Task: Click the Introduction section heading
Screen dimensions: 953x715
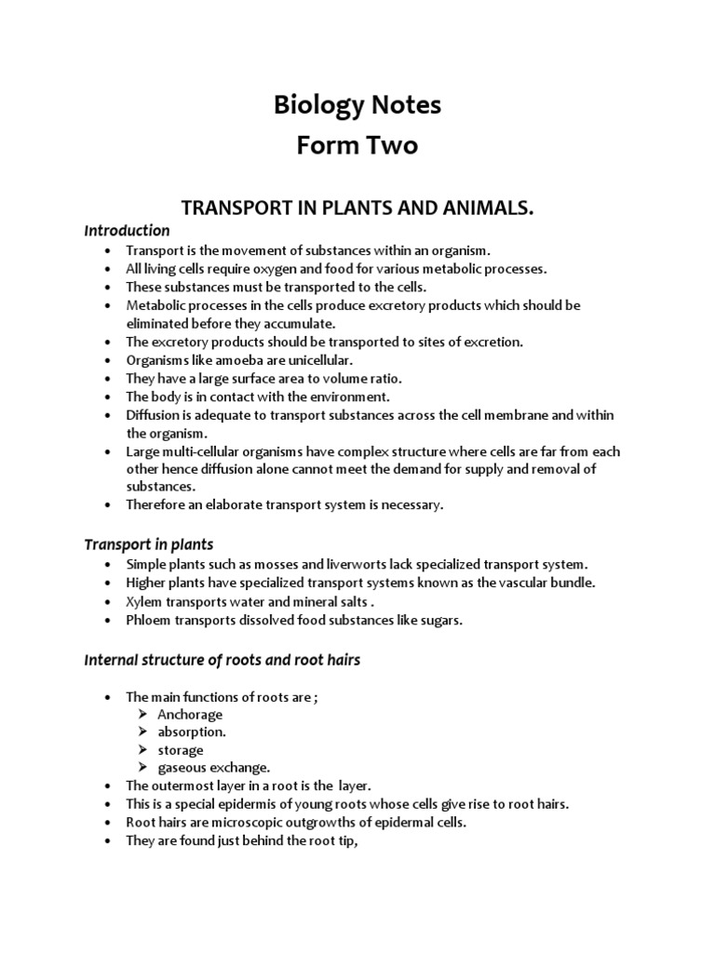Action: tap(127, 230)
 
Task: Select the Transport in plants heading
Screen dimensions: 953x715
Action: tap(149, 544)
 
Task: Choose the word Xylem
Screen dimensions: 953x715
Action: tap(143, 601)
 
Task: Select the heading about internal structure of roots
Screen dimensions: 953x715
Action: tap(222, 660)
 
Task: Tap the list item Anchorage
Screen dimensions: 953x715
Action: tap(190, 715)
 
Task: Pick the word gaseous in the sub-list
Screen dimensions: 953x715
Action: tap(182, 768)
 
